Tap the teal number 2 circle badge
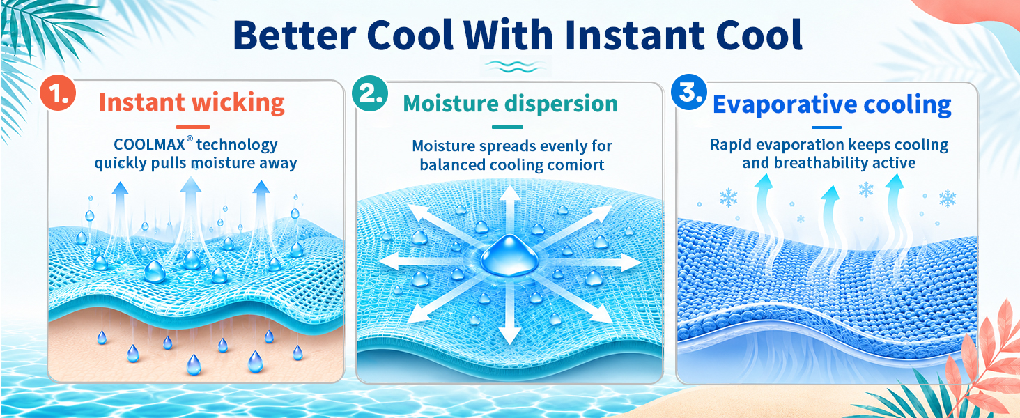(370, 93)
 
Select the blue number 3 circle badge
(689, 92)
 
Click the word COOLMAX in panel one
(149, 144)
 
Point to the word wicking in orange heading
(238, 103)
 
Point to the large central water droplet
(509, 256)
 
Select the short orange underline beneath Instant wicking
(192, 127)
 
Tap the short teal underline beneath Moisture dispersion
(507, 127)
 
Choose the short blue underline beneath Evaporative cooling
(826, 127)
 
